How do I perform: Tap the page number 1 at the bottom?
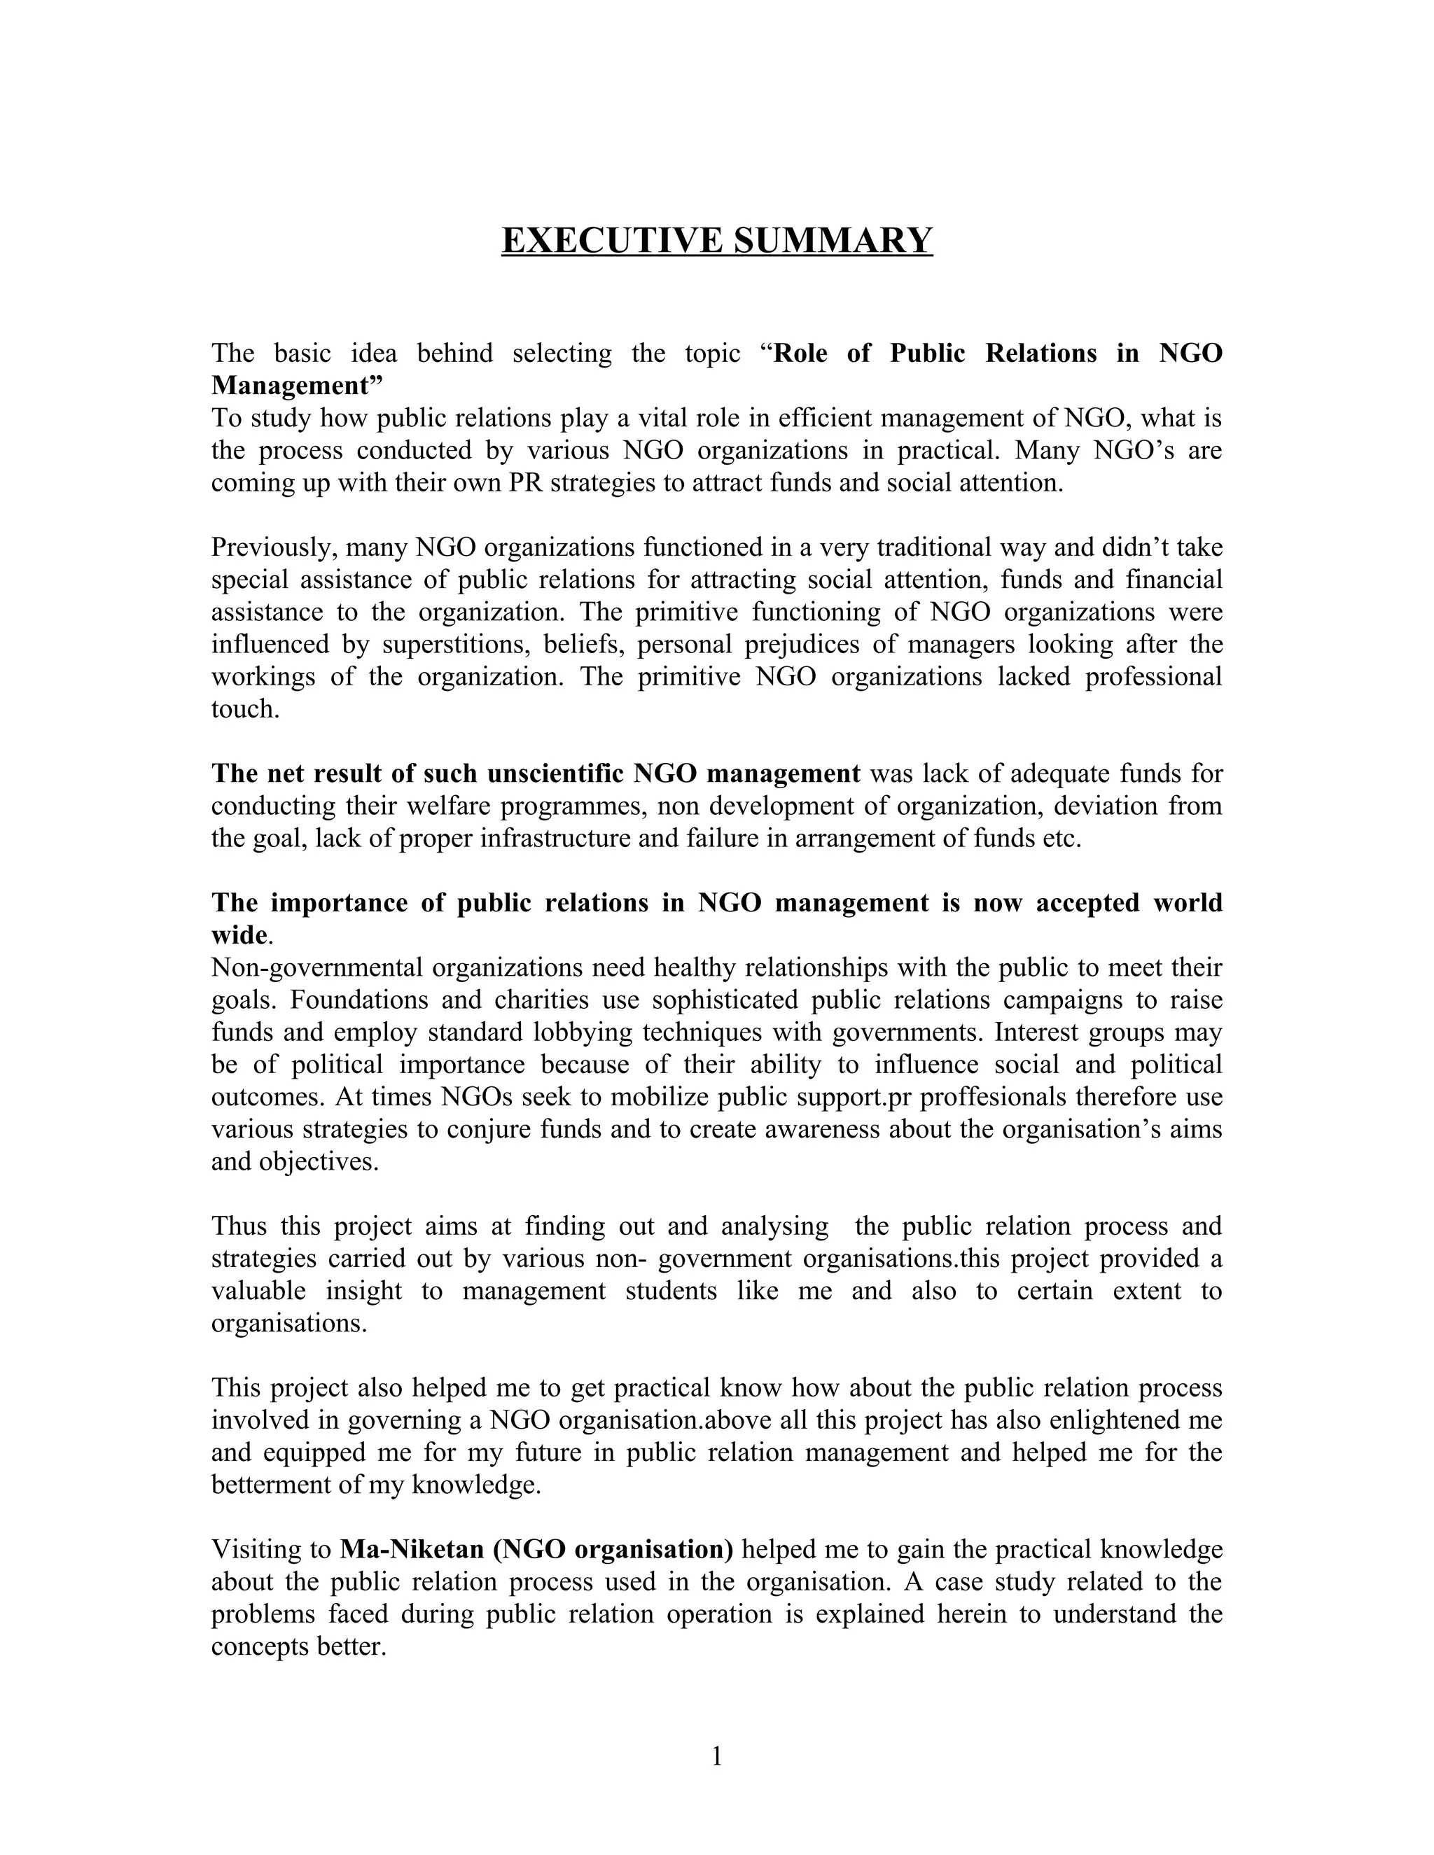coord(716,1756)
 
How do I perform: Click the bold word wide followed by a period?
coord(239,935)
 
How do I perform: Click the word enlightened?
coord(1114,1420)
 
